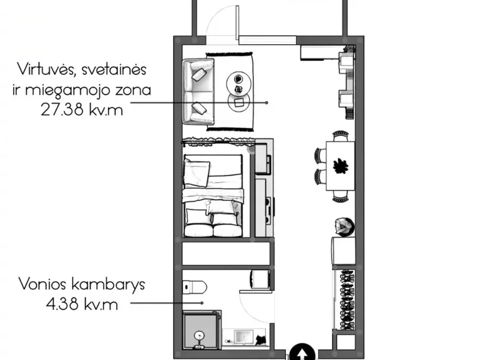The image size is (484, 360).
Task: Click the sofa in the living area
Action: coord(199,91)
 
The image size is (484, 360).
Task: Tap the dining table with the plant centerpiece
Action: coord(339,166)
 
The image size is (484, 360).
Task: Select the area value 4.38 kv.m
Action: coord(81,304)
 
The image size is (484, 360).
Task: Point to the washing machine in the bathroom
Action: coord(260,279)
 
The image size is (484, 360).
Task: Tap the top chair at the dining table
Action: coord(340,135)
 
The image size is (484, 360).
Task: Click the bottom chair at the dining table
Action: coord(340,197)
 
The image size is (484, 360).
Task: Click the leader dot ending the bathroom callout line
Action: coord(203,303)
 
